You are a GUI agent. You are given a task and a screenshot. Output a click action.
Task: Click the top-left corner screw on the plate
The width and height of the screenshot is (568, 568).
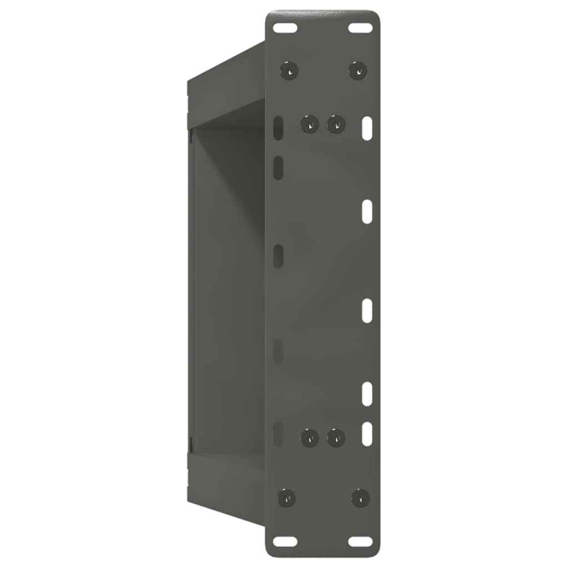(289, 70)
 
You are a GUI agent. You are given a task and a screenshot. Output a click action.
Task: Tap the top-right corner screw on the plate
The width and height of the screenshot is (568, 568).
(358, 70)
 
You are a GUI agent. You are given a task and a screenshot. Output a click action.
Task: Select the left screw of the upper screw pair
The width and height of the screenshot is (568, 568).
(310, 124)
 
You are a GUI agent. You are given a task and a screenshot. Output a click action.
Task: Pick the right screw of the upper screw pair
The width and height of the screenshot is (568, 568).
(336, 124)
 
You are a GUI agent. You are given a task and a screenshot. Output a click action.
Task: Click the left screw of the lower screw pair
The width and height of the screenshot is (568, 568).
(310, 438)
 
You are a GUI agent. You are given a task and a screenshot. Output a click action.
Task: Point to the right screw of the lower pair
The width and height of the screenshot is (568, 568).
(336, 438)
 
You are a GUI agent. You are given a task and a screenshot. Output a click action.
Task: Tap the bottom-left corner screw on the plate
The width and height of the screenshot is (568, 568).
(286, 498)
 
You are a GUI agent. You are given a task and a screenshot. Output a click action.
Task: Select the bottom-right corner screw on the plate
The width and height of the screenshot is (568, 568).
(361, 498)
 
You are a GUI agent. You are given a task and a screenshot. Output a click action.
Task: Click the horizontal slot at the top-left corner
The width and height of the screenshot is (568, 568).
(285, 27)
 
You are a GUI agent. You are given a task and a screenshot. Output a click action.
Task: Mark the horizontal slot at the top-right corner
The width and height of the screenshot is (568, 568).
(361, 27)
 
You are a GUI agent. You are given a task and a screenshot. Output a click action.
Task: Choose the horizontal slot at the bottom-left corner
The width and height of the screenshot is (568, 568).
(285, 541)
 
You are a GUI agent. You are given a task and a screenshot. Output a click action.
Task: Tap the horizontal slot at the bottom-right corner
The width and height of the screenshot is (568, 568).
(361, 541)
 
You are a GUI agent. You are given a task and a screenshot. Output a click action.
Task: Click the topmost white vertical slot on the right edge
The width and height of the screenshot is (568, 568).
(367, 128)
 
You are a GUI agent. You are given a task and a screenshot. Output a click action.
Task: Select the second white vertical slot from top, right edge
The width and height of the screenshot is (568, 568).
(367, 212)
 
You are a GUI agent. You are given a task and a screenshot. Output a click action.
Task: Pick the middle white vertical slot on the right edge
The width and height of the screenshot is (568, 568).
(367, 311)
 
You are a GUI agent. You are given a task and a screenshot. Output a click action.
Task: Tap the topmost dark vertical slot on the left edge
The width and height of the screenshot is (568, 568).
(278, 128)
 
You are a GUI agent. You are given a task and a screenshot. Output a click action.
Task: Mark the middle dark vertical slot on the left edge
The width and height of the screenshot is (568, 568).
(278, 256)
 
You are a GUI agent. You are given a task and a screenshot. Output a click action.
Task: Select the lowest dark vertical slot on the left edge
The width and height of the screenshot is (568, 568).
(278, 433)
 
